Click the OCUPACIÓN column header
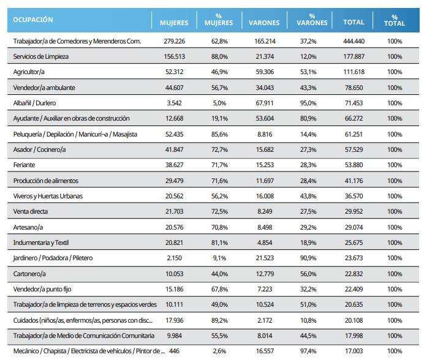[x=33, y=20]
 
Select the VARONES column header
[x=264, y=23]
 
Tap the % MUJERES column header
[x=219, y=20]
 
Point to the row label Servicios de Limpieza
[x=41, y=56]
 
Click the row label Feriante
[x=24, y=165]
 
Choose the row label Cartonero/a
[x=29, y=274]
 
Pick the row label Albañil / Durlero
[x=34, y=103]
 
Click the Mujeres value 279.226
[x=174, y=42]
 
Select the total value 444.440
[x=353, y=42]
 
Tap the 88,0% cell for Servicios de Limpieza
[x=219, y=56]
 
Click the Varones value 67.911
[x=265, y=103]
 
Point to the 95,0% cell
[x=308, y=103]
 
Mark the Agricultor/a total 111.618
[x=353, y=72]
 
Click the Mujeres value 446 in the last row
[x=174, y=351]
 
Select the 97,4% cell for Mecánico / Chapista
[x=308, y=351]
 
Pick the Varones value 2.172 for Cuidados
[x=265, y=320]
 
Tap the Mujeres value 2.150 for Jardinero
[x=174, y=258]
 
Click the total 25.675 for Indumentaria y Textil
[x=353, y=242]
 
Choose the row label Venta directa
[x=31, y=211]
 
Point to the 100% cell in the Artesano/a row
[x=395, y=227]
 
